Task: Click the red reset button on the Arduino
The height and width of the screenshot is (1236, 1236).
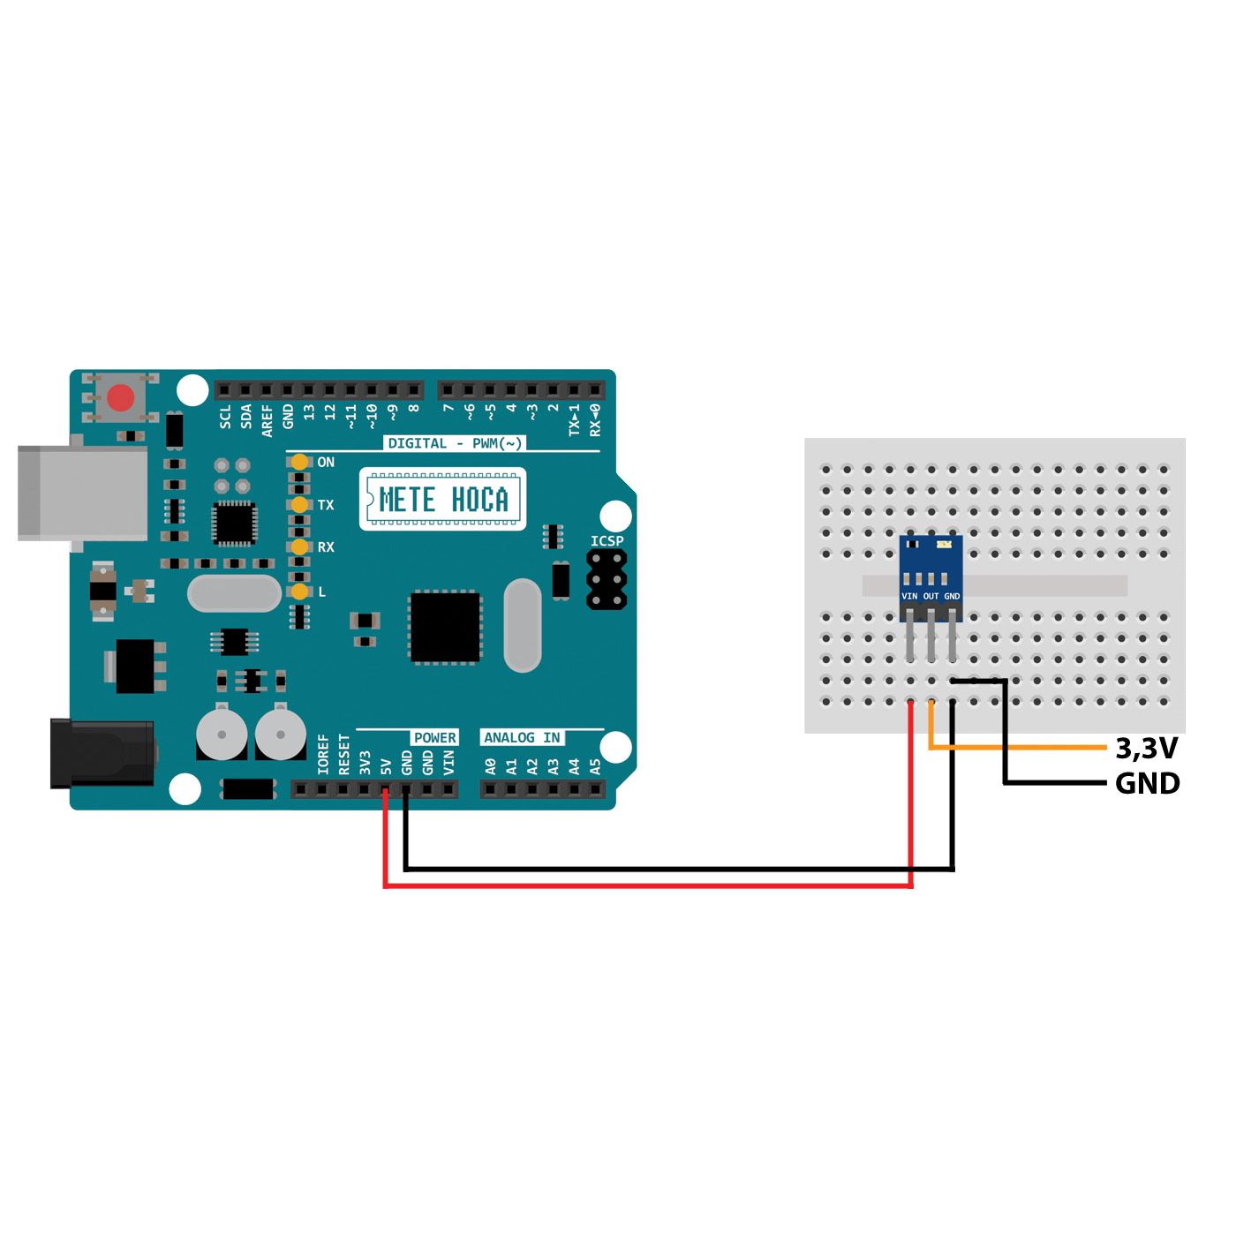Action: pyautogui.click(x=121, y=398)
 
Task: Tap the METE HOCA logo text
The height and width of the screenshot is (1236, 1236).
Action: pyautogui.click(x=443, y=500)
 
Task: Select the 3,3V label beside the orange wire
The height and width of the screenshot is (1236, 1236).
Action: pyautogui.click(x=1147, y=749)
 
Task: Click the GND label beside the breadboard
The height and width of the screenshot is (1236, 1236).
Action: pyautogui.click(x=1147, y=783)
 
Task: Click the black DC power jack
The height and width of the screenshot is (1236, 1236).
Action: pyautogui.click(x=102, y=753)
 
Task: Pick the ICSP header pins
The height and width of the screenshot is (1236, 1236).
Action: pyautogui.click(x=607, y=579)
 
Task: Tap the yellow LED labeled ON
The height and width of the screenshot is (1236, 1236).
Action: pyautogui.click(x=300, y=462)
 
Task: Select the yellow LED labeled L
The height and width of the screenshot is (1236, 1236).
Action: pyautogui.click(x=300, y=591)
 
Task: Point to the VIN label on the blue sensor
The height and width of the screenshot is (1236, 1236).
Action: pyautogui.click(x=909, y=597)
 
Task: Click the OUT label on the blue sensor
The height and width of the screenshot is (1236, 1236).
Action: pyautogui.click(x=931, y=597)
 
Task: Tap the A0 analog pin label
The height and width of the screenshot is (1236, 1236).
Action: pyautogui.click(x=491, y=766)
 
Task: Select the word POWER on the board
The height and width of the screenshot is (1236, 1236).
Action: pyautogui.click(x=435, y=738)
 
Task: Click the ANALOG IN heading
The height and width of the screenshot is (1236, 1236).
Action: pyautogui.click(x=522, y=738)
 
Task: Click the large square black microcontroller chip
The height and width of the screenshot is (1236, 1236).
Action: pyautogui.click(x=445, y=628)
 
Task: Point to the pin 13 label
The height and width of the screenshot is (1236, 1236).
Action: pyautogui.click(x=309, y=412)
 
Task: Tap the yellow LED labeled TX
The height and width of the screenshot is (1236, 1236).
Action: pyautogui.click(x=300, y=504)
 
